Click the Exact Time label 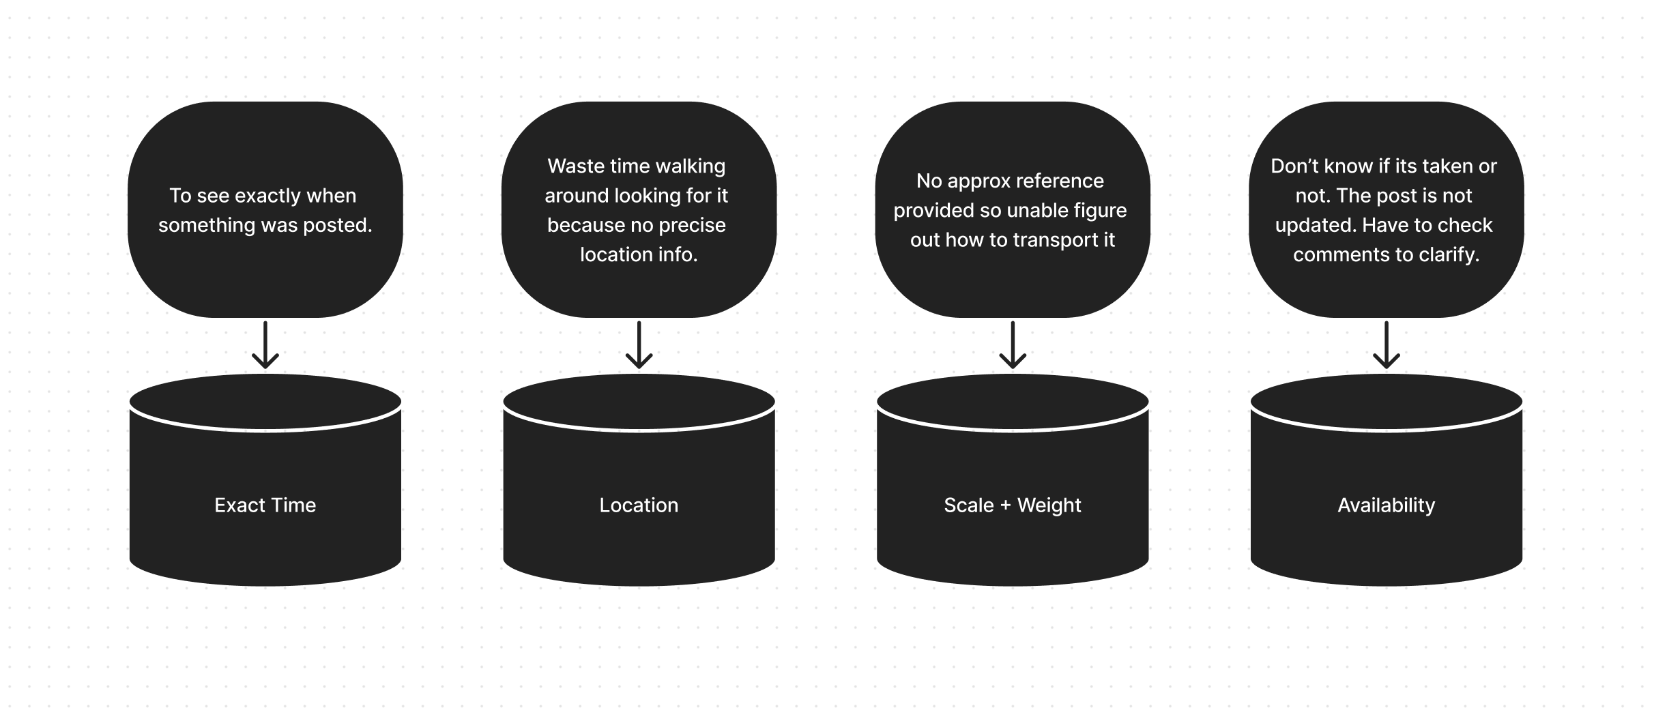coord(265,505)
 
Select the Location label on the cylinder coord(639,505)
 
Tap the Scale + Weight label coord(1013,505)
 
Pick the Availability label coord(1386,505)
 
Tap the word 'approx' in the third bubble coord(980,181)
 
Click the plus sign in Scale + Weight coord(1005,506)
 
